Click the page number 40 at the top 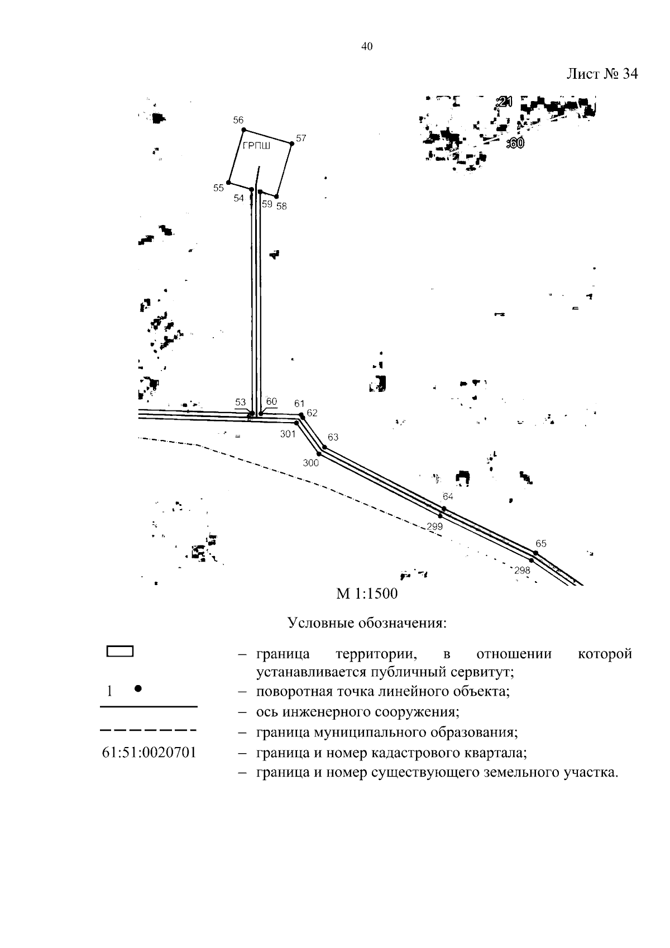(366, 47)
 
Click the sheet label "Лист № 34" (602, 74)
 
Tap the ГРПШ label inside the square (256, 146)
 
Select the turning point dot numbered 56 (243, 130)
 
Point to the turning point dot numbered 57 (292, 143)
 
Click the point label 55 (218, 188)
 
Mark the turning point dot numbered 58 (276, 197)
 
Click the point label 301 (288, 434)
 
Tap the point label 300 (310, 463)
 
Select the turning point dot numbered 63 (324, 447)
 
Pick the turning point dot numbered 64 (444, 508)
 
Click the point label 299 (434, 526)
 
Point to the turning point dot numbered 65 (535, 553)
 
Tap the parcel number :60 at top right (515, 143)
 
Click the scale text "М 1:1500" (367, 593)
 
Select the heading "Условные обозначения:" (367, 623)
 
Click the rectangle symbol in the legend (119, 652)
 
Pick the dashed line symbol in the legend (149, 730)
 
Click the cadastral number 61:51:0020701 (149, 753)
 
